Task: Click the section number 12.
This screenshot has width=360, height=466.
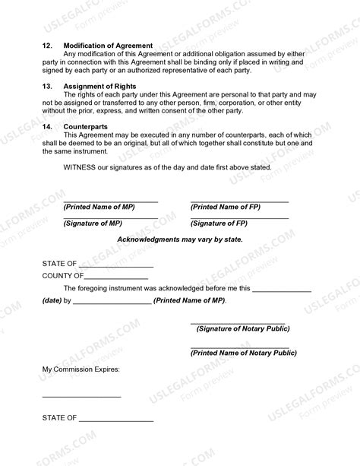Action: point(47,46)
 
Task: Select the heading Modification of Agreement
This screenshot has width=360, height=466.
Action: point(108,46)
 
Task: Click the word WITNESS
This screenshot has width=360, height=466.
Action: point(80,167)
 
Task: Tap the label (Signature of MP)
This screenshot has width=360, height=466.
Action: point(93,223)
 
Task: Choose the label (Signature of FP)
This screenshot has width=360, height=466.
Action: point(219,223)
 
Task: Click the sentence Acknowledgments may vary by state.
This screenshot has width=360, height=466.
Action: point(179,239)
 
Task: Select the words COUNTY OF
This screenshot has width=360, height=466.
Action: point(62,275)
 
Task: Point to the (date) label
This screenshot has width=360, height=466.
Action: point(52,301)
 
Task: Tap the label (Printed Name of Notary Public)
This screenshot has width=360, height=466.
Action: point(243,353)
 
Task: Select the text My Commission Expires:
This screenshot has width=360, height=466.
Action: point(81,369)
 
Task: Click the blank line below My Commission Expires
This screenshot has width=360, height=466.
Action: point(81,397)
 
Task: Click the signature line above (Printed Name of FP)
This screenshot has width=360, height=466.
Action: point(239,201)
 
